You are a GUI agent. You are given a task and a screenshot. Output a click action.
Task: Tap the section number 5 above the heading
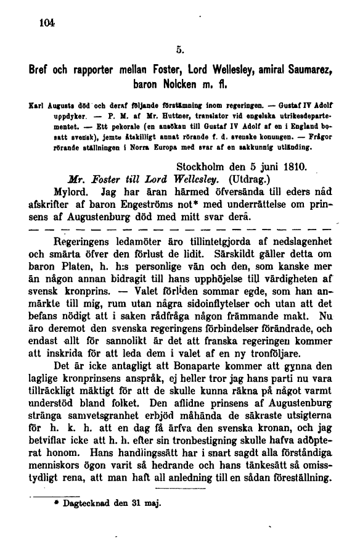tap(178, 44)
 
